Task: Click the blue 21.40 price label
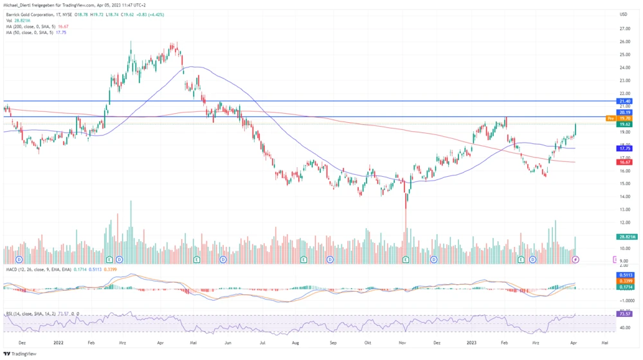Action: point(624,101)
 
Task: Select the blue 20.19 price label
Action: point(624,113)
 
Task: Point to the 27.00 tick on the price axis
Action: point(623,29)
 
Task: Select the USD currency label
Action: point(623,14)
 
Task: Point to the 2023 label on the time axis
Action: point(472,343)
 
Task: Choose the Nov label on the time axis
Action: point(402,343)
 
